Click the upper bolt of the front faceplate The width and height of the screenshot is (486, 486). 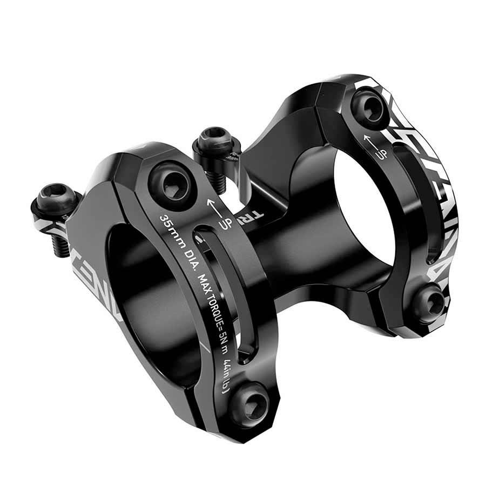pos(168,185)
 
